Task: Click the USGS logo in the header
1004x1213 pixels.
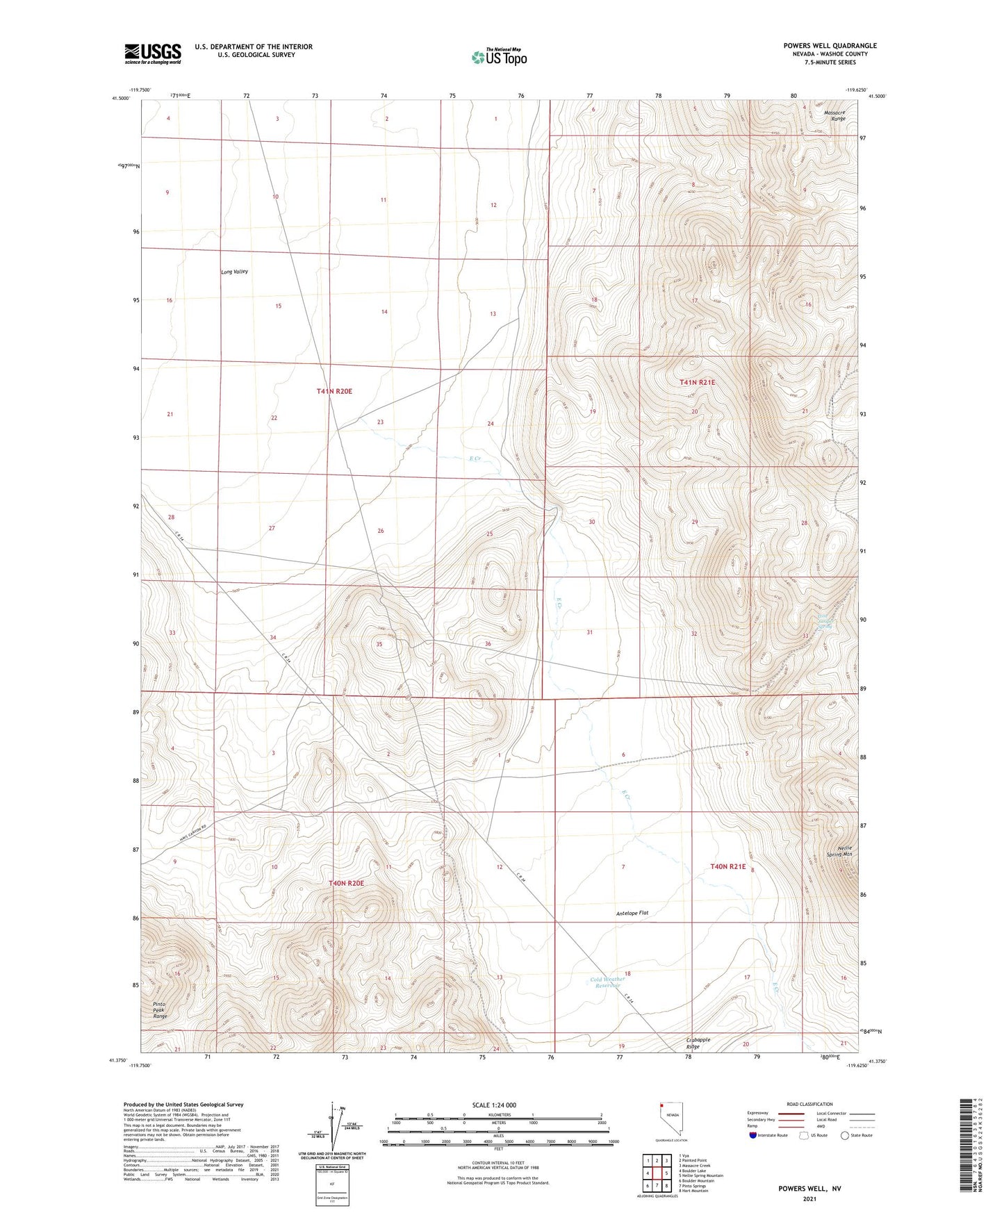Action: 153,53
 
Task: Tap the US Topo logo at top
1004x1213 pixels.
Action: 498,56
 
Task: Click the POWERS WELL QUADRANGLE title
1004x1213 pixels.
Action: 820,46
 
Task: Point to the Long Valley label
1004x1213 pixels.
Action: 234,272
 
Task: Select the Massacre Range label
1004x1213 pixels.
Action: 834,115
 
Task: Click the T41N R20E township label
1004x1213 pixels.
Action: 334,392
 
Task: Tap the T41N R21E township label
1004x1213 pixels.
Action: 697,383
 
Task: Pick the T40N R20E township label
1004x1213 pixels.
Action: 346,883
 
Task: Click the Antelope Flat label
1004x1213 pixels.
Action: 632,913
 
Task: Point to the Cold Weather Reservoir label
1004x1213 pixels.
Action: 607,983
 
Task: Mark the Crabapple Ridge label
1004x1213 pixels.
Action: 695,1043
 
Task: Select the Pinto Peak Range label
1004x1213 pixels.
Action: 161,1010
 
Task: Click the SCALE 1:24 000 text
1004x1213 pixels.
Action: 494,1105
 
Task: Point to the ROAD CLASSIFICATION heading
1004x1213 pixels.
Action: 809,1104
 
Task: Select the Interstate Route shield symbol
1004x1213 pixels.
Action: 753,1135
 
